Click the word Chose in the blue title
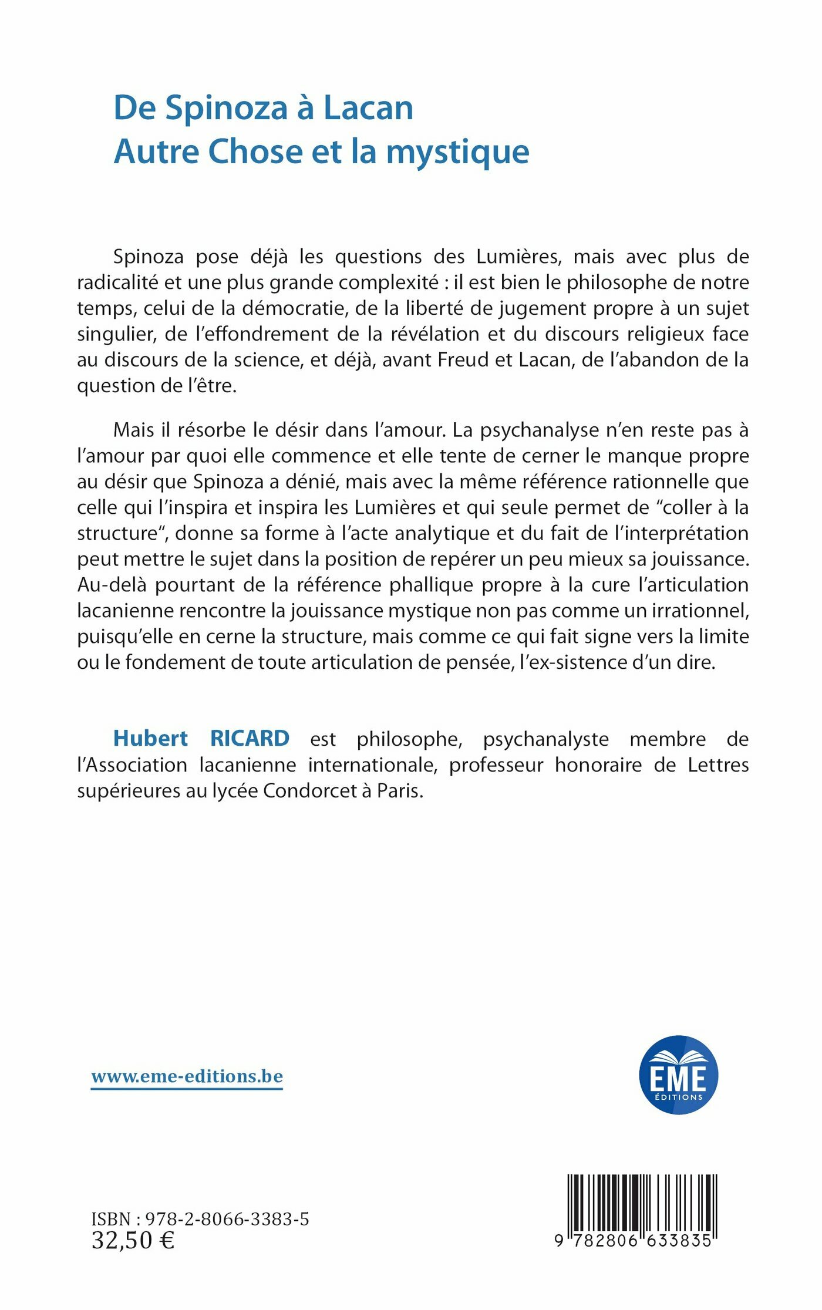[255, 151]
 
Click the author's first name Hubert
[150, 739]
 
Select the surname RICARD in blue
[250, 739]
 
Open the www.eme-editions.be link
[187, 1076]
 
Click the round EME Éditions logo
[678, 1075]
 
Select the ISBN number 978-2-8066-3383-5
[227, 1220]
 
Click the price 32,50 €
[133, 1240]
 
